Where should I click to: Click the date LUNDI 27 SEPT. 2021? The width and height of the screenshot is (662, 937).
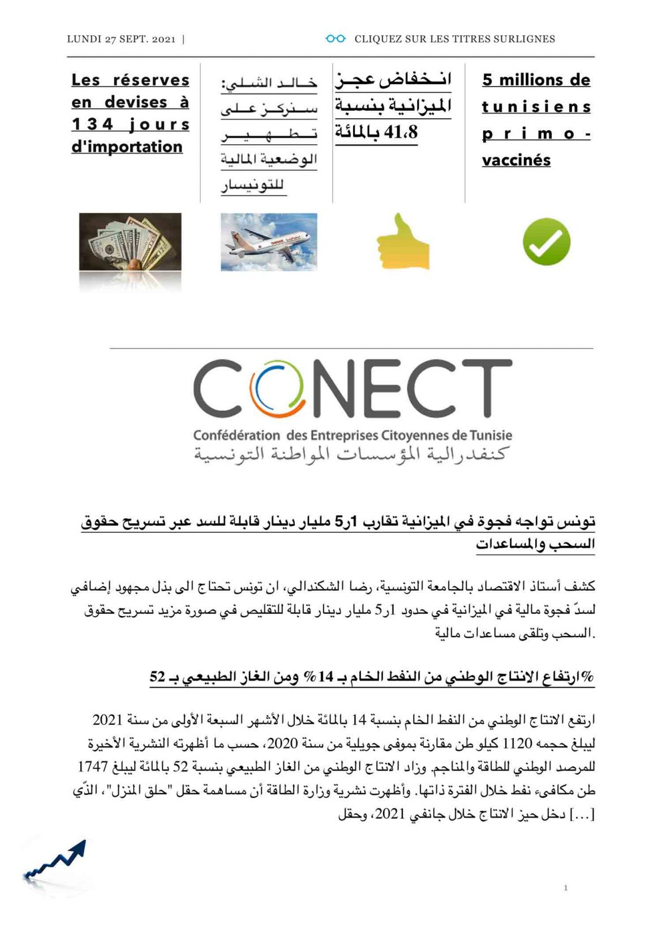pyautogui.click(x=121, y=39)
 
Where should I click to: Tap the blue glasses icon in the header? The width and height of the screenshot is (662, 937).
pyautogui.click(x=335, y=38)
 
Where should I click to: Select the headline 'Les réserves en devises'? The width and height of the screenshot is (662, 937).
pyautogui.click(x=130, y=113)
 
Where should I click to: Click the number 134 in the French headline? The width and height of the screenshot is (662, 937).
pyautogui.click(x=92, y=124)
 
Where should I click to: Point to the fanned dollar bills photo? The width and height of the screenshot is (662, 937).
pyautogui.click(x=130, y=243)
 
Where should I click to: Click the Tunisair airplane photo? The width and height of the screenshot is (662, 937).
pyautogui.click(x=269, y=242)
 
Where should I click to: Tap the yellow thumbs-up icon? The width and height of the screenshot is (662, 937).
pyautogui.click(x=402, y=242)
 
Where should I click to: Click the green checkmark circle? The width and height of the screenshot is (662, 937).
pyautogui.click(x=546, y=242)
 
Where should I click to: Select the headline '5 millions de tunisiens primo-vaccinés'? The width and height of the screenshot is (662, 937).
pyautogui.click(x=536, y=119)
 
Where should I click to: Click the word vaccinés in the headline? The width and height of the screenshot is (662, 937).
pyautogui.click(x=516, y=160)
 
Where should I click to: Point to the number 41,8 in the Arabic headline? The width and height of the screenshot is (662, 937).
pyautogui.click(x=400, y=132)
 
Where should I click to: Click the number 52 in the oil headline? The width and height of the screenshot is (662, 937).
pyautogui.click(x=157, y=676)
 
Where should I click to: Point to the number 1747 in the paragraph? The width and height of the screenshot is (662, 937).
pyautogui.click(x=92, y=767)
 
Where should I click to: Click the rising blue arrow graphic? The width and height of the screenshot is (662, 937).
pyautogui.click(x=57, y=861)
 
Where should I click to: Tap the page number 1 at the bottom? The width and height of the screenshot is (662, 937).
pyautogui.click(x=565, y=888)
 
